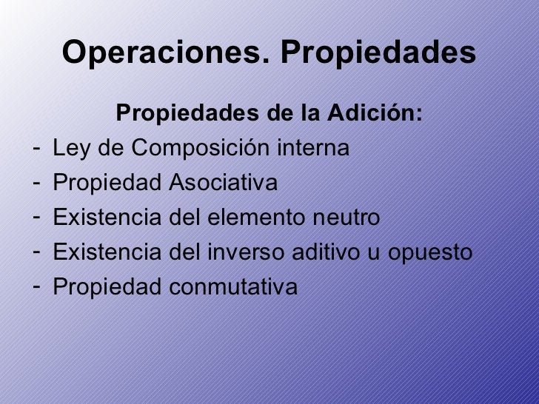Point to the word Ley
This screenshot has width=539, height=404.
point(71,149)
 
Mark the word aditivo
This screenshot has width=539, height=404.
point(337,252)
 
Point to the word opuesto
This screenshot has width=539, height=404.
point(432,253)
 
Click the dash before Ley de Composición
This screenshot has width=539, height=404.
point(36,149)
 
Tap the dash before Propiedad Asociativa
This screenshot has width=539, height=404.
point(36,183)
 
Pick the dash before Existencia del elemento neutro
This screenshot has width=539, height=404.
point(36,218)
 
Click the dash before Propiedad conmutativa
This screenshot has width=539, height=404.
point(36,286)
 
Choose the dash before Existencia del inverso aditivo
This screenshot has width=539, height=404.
point(36,252)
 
